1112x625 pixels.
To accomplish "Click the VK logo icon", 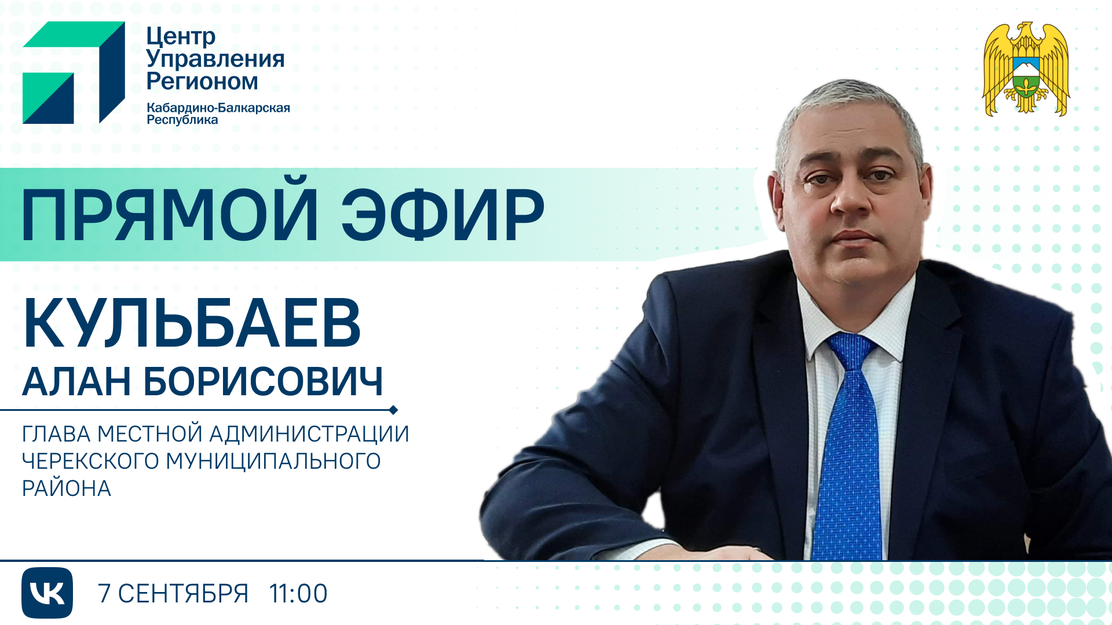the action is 47,593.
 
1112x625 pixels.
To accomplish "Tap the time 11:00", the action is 298,594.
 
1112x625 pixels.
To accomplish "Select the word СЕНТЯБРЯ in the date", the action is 183,594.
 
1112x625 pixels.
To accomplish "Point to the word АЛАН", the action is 76,381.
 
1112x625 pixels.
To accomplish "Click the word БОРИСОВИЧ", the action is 263,381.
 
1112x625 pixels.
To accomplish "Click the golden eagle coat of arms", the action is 1026,69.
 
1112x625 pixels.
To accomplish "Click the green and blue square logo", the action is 74,72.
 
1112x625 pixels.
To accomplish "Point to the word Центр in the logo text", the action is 181,37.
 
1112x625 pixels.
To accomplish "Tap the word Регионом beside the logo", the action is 202,81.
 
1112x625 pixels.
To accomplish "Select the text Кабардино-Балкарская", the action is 218,108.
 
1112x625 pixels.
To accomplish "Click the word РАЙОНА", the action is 67,488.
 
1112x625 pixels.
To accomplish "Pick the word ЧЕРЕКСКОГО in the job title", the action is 90,461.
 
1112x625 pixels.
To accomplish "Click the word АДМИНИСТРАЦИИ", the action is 309,434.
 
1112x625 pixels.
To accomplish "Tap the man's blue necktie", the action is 850,446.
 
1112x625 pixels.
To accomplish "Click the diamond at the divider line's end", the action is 393,410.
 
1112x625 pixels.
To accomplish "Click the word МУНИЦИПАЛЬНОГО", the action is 273,461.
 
